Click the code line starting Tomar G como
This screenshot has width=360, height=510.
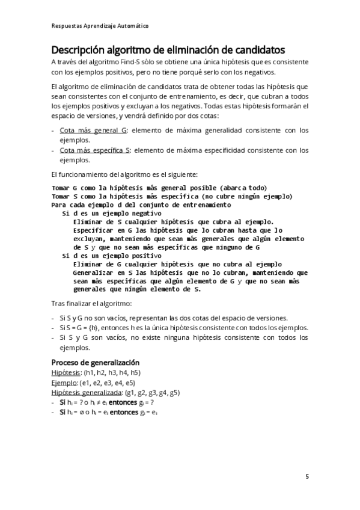[x=159, y=187]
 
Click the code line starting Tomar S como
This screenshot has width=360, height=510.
[x=172, y=195]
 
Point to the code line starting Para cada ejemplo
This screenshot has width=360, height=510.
[x=142, y=204]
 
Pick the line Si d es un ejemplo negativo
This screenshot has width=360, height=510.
[x=112, y=213]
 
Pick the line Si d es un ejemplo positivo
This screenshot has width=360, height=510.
[x=112, y=255]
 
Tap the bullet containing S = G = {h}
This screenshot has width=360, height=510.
[x=184, y=328]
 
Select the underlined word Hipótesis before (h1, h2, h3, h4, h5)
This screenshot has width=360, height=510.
[x=66, y=373]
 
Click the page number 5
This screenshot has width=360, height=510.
[x=307, y=477]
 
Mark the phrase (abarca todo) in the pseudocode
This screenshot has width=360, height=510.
[x=243, y=187]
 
